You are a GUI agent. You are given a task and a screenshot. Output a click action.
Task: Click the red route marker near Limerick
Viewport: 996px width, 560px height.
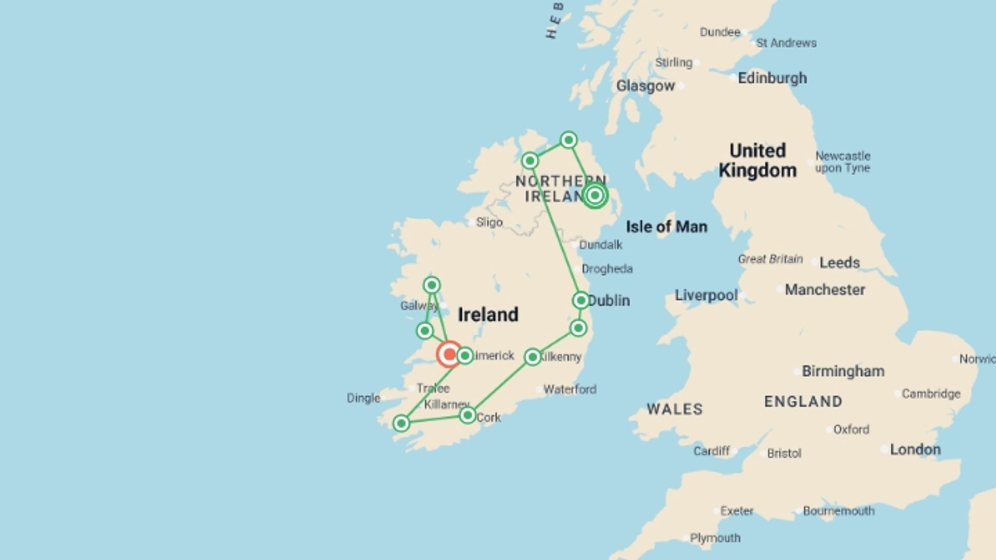(x=449, y=355)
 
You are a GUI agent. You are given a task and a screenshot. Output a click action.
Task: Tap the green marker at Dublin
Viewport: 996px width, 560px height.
(x=580, y=300)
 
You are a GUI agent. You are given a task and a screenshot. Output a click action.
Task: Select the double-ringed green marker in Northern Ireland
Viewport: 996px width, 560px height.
(x=595, y=195)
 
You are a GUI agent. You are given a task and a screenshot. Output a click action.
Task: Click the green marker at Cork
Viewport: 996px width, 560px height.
(x=467, y=415)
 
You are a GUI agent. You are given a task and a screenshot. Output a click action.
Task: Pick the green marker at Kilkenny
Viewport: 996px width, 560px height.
(x=533, y=357)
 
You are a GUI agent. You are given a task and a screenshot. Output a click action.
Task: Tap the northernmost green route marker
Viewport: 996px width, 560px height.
(x=569, y=140)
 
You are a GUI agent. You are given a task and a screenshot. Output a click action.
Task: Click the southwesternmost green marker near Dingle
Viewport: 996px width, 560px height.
(x=401, y=424)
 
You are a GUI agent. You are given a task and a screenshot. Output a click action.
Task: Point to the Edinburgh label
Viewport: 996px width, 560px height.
(x=772, y=78)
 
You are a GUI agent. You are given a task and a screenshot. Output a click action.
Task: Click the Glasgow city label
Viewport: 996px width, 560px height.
(x=645, y=86)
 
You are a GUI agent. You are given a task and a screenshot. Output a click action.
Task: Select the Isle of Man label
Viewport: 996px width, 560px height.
(x=666, y=227)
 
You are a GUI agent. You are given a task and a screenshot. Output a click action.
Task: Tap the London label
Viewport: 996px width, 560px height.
(x=915, y=450)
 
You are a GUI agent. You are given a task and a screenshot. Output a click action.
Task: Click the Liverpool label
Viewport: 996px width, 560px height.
(x=706, y=296)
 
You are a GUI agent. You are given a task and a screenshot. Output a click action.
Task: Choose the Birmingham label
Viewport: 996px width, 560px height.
(x=843, y=371)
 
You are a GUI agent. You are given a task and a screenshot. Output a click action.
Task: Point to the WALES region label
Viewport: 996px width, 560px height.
(x=674, y=409)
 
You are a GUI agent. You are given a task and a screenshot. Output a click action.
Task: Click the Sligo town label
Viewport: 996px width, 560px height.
(x=489, y=222)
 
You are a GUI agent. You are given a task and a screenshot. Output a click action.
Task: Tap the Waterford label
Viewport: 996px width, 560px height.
(x=570, y=389)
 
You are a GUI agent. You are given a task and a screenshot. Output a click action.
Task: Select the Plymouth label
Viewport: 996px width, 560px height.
(x=715, y=538)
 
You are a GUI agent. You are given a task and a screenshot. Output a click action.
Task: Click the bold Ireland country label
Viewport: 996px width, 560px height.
(x=488, y=315)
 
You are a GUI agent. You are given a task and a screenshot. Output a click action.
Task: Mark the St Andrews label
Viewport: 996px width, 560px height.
(x=786, y=43)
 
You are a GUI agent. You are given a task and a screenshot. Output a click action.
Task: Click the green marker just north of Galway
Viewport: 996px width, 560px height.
(x=432, y=285)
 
